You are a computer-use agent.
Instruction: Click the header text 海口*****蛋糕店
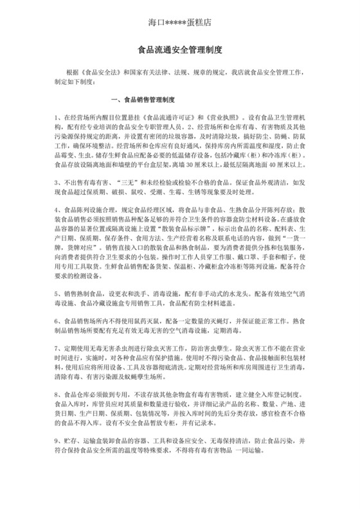(x=179, y=22)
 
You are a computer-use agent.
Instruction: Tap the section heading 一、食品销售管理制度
(x=143, y=100)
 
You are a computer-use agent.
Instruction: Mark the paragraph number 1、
(x=59, y=118)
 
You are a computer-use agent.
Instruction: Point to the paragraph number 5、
(x=59, y=292)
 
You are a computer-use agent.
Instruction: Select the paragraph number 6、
(x=59, y=319)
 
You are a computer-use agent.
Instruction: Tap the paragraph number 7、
(x=59, y=347)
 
